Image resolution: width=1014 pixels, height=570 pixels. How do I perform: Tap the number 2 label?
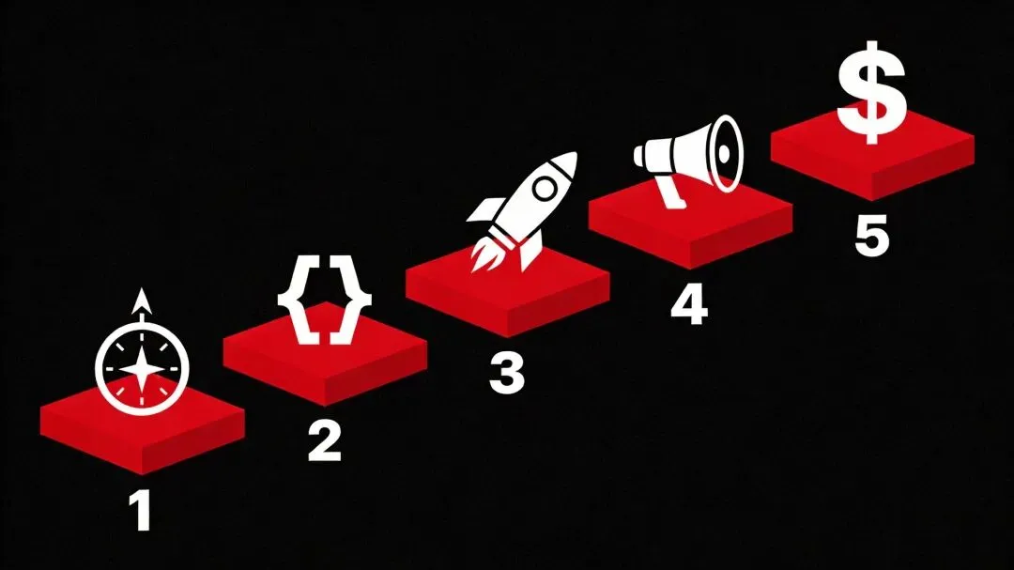[x=325, y=441]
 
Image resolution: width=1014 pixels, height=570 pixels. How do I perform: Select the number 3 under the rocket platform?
[x=507, y=374]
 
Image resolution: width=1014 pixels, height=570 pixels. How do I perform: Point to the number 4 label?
[x=689, y=304]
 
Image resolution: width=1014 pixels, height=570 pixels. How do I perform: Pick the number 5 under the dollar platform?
[x=871, y=236]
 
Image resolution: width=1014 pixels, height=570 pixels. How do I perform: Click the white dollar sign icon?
[x=871, y=92]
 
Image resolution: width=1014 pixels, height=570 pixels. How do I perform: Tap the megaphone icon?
[x=688, y=161]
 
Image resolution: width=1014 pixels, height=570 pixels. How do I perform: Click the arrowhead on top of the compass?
[x=143, y=300]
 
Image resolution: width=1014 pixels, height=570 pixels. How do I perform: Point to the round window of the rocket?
[x=545, y=189]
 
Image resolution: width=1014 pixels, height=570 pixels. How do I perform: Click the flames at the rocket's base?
[x=487, y=254]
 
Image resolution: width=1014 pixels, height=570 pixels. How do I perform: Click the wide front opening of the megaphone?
[x=725, y=154]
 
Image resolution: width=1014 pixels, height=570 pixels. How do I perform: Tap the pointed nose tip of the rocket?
[x=574, y=155]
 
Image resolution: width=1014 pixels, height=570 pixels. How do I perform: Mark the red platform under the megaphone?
[x=691, y=224]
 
